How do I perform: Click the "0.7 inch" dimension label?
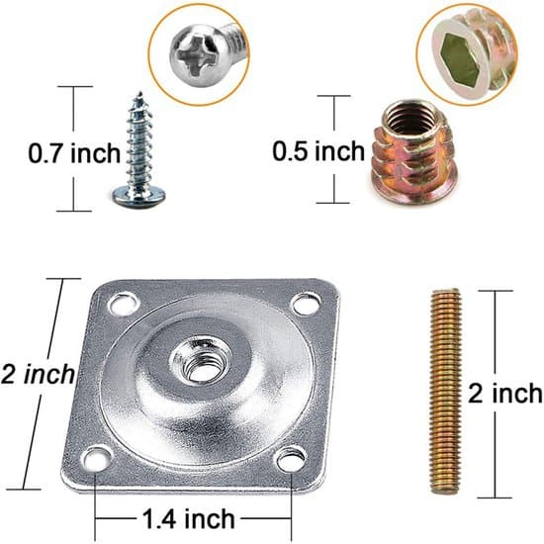point(74,153)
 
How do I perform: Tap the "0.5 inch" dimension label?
point(318,151)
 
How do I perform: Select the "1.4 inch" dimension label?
point(189,519)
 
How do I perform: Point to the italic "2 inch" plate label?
point(38,374)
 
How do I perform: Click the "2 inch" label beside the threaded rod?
point(505,394)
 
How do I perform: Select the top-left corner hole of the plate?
point(124,305)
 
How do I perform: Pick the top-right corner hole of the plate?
point(306,305)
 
